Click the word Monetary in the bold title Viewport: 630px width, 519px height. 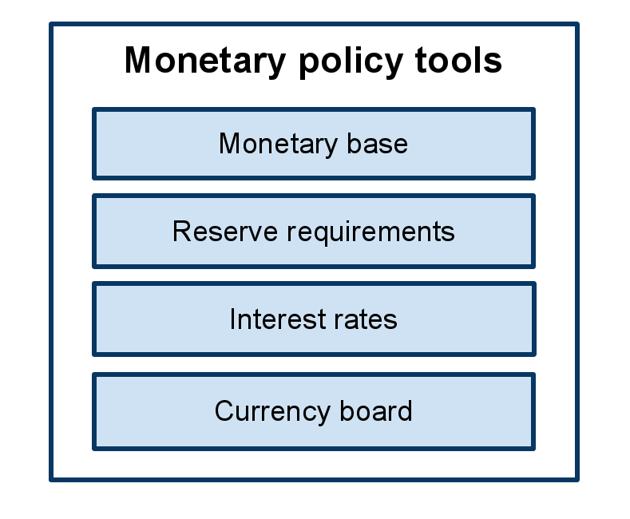[205, 61]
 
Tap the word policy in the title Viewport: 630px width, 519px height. [351, 61]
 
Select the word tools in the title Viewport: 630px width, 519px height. [458, 59]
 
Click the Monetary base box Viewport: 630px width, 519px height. [314, 144]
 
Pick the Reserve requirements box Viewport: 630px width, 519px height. [314, 231]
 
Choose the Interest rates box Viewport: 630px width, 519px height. [314, 319]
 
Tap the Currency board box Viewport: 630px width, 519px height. [314, 412]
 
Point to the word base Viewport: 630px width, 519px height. [377, 144]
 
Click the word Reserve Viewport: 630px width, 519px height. [225, 231]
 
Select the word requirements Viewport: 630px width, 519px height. [370, 232]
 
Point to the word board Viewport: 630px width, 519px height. [376, 410]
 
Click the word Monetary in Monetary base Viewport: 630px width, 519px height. [278, 145]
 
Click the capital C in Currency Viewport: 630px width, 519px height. [225, 410]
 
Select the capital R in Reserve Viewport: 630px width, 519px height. [182, 231]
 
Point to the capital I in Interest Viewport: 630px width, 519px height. [232, 319]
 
